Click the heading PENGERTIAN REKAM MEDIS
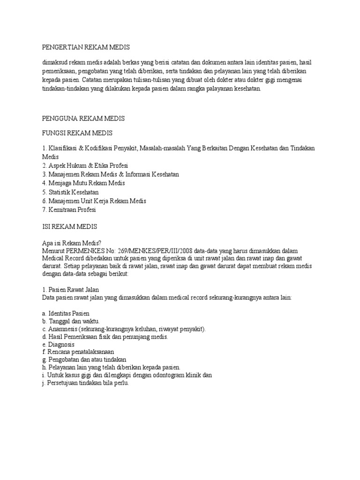click(x=85, y=47)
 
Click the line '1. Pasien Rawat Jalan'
click(x=70, y=290)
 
